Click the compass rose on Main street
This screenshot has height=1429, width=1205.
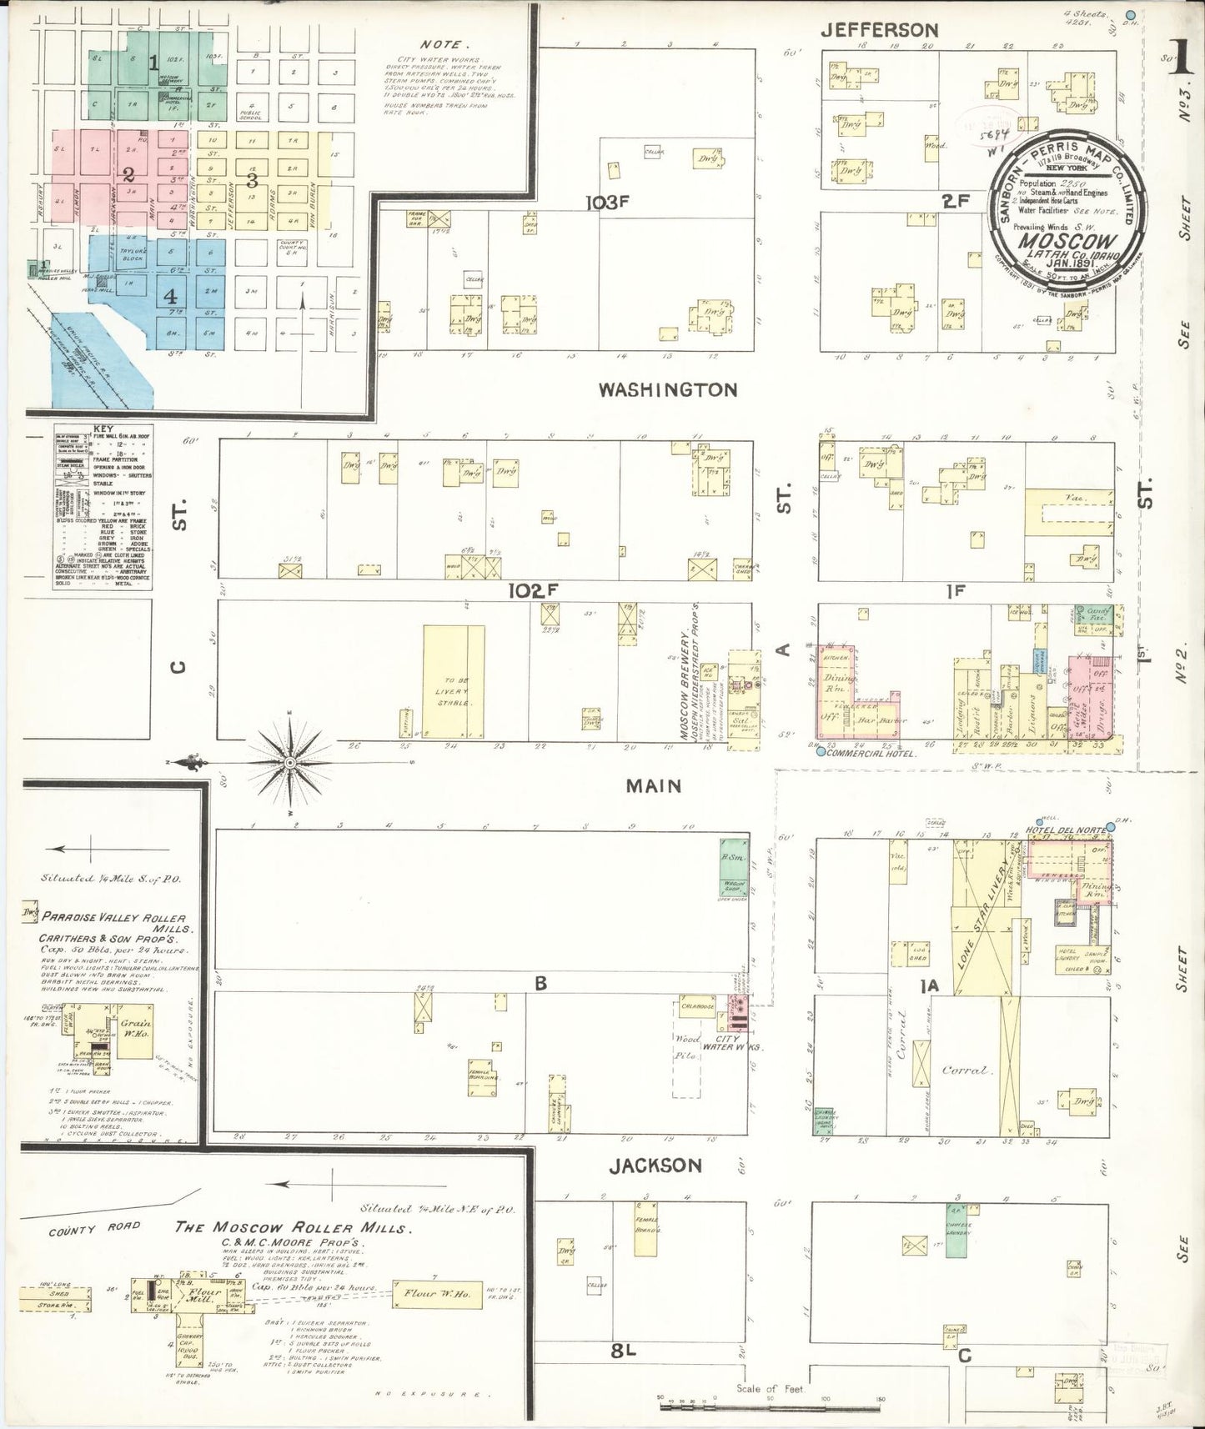[x=289, y=763]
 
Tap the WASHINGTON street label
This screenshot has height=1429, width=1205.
[x=668, y=389]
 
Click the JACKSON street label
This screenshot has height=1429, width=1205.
[x=655, y=1165]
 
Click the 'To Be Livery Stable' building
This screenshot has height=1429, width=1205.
[x=453, y=681]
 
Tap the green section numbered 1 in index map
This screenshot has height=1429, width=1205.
[x=153, y=62]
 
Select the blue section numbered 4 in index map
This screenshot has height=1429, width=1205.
[x=170, y=295]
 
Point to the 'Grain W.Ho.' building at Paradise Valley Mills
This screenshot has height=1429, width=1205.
[x=133, y=1025]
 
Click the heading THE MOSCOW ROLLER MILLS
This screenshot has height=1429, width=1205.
[x=292, y=1228]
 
